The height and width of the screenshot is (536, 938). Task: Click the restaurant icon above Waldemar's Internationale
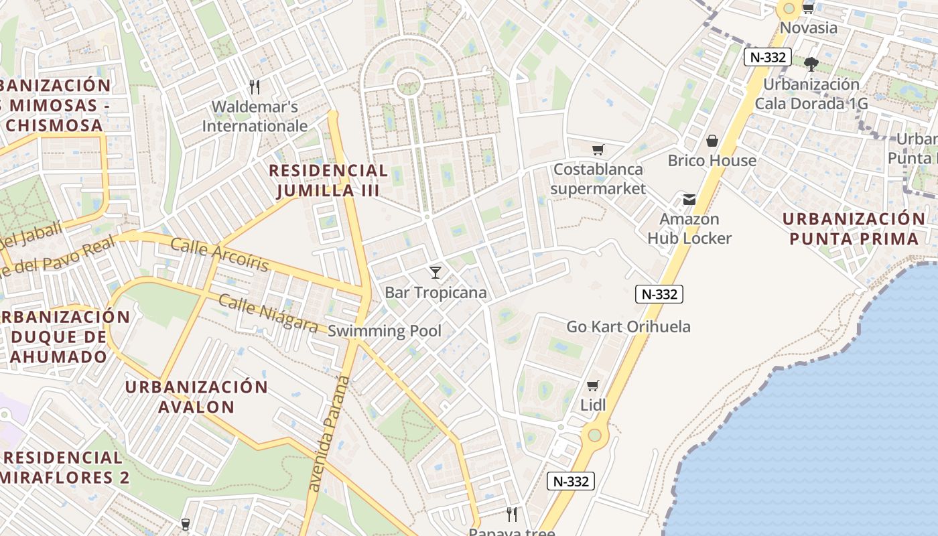click(x=254, y=86)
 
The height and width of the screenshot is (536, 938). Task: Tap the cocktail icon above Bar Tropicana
click(x=435, y=272)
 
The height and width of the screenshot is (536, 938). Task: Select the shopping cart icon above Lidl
click(x=592, y=385)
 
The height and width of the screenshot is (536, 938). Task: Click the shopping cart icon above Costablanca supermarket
click(x=598, y=149)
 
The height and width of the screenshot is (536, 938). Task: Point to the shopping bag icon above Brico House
click(x=712, y=141)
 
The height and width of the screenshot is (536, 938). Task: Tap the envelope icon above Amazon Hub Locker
click(x=689, y=199)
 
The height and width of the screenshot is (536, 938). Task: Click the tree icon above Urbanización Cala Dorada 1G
click(x=811, y=64)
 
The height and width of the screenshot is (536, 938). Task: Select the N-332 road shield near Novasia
click(x=767, y=57)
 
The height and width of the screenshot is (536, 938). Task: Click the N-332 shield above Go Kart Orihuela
click(x=659, y=293)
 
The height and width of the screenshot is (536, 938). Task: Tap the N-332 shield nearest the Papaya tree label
click(x=571, y=481)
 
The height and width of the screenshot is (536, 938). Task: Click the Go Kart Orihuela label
click(x=628, y=327)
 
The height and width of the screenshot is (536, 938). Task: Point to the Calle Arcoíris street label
click(x=219, y=255)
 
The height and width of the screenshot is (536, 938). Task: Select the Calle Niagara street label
click(x=268, y=314)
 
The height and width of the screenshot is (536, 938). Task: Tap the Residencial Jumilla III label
click(x=328, y=180)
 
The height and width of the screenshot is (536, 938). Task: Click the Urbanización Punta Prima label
click(x=853, y=228)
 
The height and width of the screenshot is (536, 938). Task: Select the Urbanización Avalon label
click(x=196, y=397)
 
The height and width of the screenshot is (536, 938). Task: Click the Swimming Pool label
click(x=385, y=330)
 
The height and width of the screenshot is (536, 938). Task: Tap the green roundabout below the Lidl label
click(x=594, y=435)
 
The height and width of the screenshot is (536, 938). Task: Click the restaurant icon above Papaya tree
click(x=512, y=514)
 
